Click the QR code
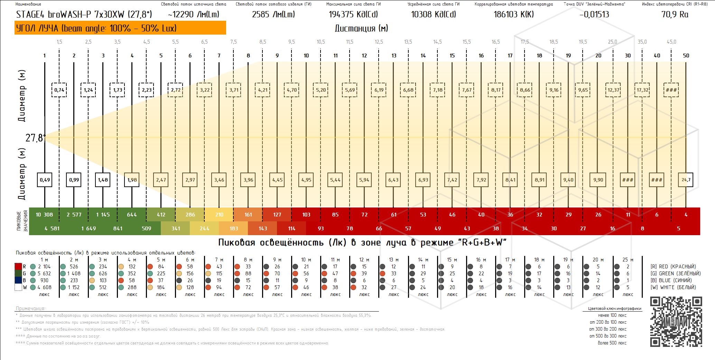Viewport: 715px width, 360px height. [x=676, y=322]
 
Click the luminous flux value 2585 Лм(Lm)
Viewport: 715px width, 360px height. [x=273, y=15]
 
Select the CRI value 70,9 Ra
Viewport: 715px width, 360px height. [x=675, y=15]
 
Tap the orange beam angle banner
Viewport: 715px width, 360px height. [x=120, y=28]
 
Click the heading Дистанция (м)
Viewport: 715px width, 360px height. [x=361, y=28]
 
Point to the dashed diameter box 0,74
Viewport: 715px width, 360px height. [x=59, y=90]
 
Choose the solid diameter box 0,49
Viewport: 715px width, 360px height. [x=45, y=180]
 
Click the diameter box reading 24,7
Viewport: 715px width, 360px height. [x=686, y=180]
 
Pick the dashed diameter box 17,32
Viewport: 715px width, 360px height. [x=642, y=90]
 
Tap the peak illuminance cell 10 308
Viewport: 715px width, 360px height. [x=44, y=215]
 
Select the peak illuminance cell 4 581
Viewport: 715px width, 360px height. [x=52, y=229]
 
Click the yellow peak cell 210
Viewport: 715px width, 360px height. [x=219, y=215]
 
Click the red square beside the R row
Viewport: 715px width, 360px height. [x=18, y=267]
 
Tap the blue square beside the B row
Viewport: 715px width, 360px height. [x=18, y=280]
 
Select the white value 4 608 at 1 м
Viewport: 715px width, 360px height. [x=44, y=287]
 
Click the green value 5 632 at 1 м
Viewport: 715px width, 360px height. [x=44, y=274]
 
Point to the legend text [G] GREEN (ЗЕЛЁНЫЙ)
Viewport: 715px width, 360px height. [x=675, y=274]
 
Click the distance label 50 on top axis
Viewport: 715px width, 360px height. [x=686, y=56]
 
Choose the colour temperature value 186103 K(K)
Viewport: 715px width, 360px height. [x=513, y=15]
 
